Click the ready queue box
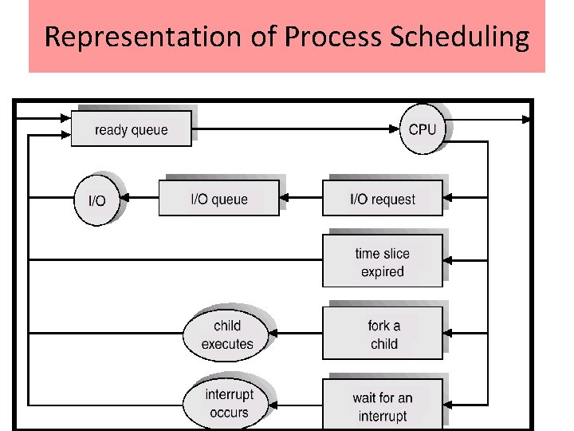point(131,129)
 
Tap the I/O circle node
point(96,199)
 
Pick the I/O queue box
point(218,198)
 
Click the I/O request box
point(382,198)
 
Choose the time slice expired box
point(382,261)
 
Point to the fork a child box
point(382,334)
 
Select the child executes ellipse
point(226,334)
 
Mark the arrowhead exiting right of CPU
point(526,120)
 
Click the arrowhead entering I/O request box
point(448,198)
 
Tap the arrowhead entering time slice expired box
point(448,260)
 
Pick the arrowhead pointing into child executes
point(273,334)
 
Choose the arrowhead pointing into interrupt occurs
point(273,403)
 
